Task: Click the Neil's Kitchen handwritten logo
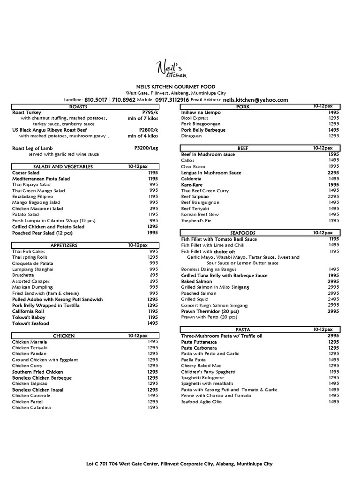pyautogui.click(x=172, y=69)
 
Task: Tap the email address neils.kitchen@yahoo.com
pyautogui.click(x=255, y=100)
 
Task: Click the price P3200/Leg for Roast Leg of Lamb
pyautogui.click(x=146, y=148)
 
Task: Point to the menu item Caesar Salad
pyautogui.click(x=25, y=172)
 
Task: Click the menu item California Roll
pyautogui.click(x=29, y=311)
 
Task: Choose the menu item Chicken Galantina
pyautogui.click(x=31, y=407)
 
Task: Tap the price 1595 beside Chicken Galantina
pyautogui.click(x=152, y=407)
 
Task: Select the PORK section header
pyautogui.click(x=243, y=107)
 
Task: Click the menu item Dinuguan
pyautogui.click(x=191, y=136)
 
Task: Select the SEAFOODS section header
pyautogui.click(x=243, y=233)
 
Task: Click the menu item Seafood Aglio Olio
pyautogui.click(x=201, y=401)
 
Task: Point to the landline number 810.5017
pyautogui.click(x=95, y=100)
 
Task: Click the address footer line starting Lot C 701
pyautogui.click(x=180, y=464)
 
